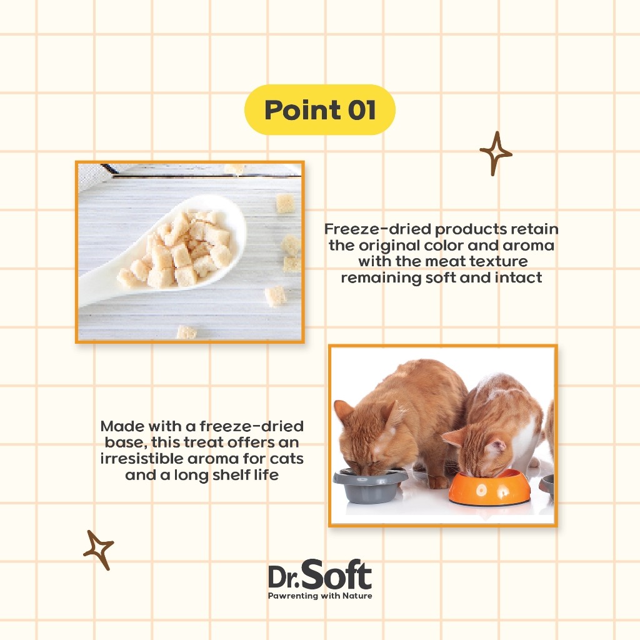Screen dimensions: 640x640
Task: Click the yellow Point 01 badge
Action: click(319, 110)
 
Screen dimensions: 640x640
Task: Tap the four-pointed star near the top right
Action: click(496, 154)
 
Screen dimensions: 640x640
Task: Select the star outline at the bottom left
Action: click(98, 549)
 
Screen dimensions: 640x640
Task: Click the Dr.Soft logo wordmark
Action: click(320, 574)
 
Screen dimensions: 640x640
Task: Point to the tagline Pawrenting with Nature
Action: click(320, 596)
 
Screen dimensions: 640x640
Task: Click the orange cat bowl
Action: click(489, 487)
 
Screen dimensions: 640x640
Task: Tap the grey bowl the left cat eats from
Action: click(370, 486)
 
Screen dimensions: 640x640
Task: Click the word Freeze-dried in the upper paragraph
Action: click(378, 229)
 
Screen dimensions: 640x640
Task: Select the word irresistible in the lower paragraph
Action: click(141, 459)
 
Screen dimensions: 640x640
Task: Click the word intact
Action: click(518, 277)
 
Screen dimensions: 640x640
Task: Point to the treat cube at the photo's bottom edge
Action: click(186, 332)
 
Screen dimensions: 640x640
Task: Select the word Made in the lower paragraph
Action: click(122, 426)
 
